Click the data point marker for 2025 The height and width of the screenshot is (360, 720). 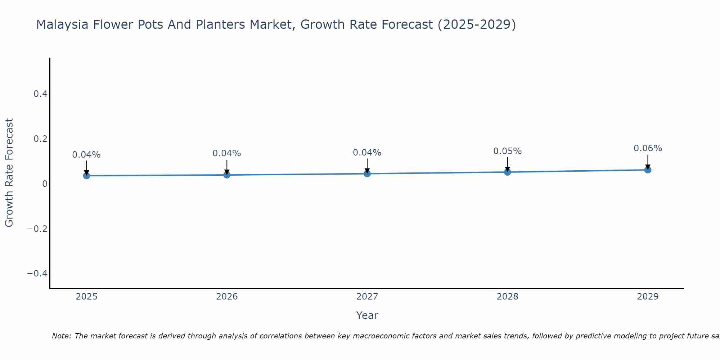tap(86, 176)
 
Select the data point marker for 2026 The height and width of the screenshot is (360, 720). tap(227, 175)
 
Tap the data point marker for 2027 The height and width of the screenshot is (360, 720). tap(367, 174)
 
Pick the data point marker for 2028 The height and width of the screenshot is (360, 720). tap(508, 172)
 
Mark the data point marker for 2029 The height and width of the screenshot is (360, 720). tap(648, 170)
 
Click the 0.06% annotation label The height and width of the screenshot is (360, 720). tap(648, 148)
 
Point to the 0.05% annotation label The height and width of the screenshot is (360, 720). tap(507, 151)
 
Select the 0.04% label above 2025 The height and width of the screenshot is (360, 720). tap(86, 155)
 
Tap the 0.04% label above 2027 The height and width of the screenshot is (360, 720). tap(367, 153)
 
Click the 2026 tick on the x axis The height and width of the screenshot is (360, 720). tap(227, 297)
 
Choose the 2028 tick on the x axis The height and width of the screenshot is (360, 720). tap(507, 297)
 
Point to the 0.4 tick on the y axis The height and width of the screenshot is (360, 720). tap(40, 94)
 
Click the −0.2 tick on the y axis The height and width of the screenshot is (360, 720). tap(37, 229)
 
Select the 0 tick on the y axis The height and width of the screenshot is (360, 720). tap(45, 184)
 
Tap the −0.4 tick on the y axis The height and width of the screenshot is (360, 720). tap(37, 274)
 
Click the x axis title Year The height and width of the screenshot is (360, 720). tap(367, 315)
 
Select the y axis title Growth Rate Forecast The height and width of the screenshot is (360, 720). tap(9, 173)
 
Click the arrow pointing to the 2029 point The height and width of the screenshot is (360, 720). tap(648, 161)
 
